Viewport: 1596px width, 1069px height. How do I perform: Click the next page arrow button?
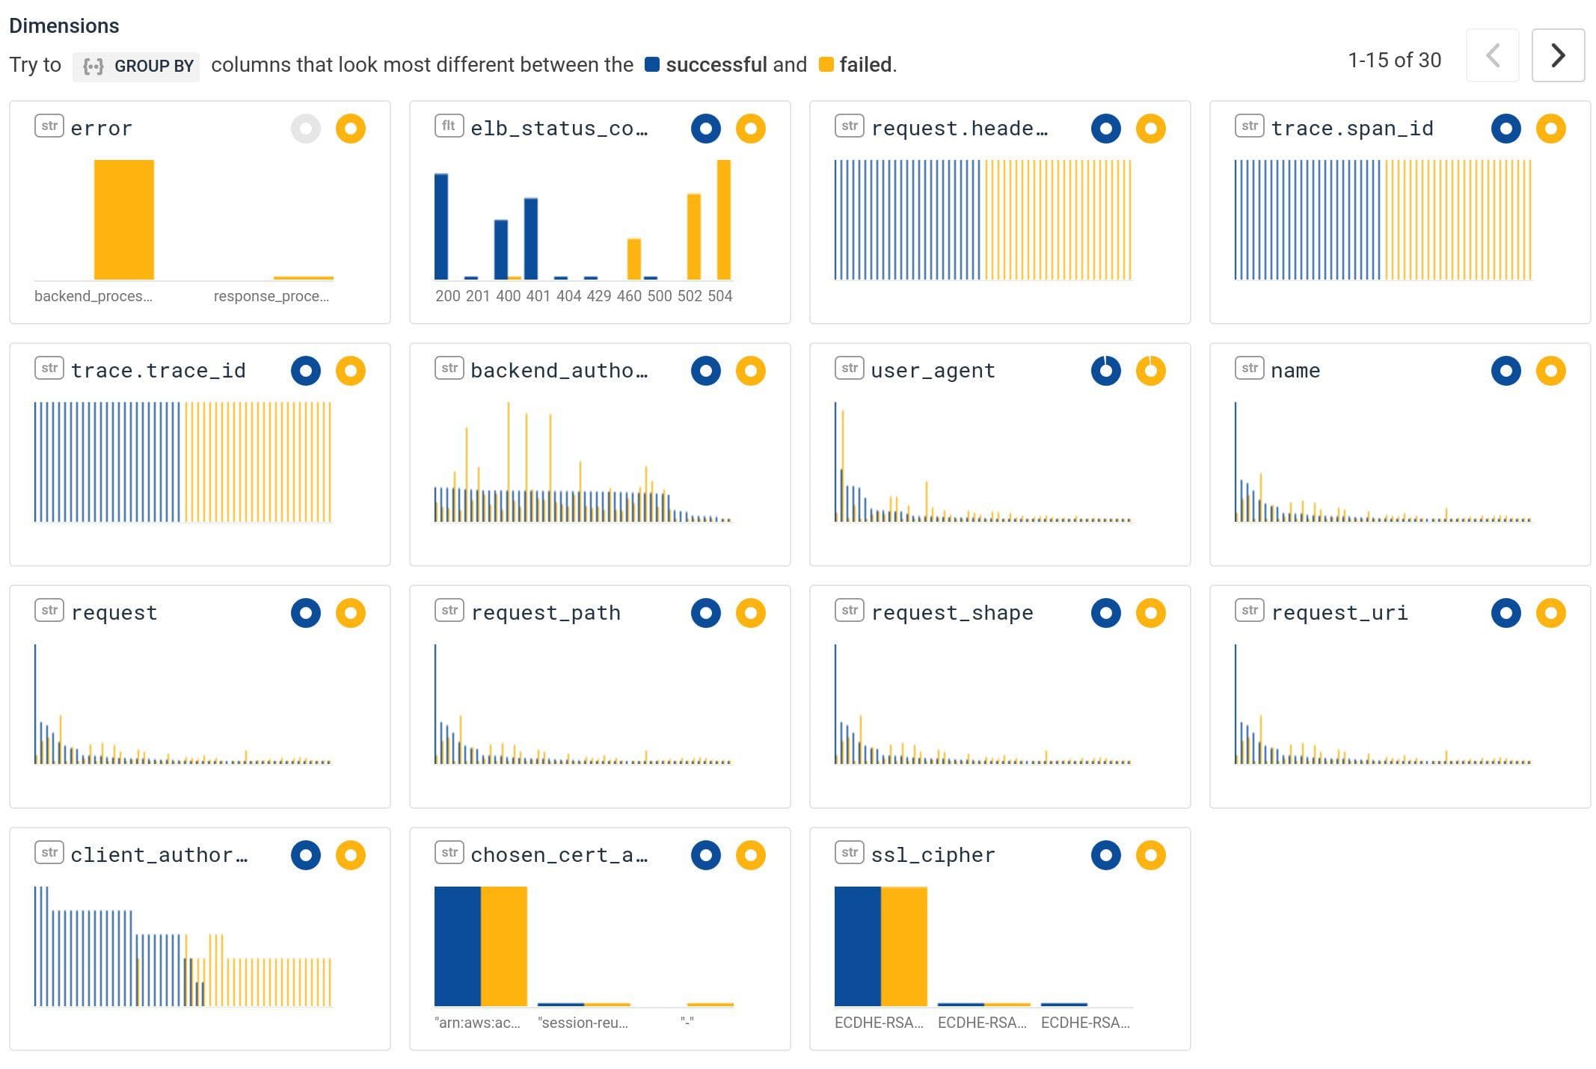tap(1558, 55)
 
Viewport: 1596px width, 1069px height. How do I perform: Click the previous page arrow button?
tap(1492, 55)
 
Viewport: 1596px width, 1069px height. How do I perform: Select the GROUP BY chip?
tap(137, 66)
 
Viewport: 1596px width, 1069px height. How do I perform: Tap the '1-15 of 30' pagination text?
tap(1394, 60)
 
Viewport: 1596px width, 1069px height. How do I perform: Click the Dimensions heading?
tap(64, 25)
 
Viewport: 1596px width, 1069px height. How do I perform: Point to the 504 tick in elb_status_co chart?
tap(719, 296)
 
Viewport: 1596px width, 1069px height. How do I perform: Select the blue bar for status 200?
tap(441, 226)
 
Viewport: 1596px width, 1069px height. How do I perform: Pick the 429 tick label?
tap(598, 296)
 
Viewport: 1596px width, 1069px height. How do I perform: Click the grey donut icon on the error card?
tap(305, 129)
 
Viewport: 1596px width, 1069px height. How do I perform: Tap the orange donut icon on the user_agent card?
tap(1150, 371)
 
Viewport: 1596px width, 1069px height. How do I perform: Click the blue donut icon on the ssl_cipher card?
tap(1105, 855)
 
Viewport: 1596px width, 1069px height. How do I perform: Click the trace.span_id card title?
tap(1352, 129)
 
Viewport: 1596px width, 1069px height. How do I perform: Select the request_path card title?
tap(546, 613)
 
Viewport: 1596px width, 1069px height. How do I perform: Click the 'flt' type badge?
tap(449, 126)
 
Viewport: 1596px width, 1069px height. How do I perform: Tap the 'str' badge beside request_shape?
tap(850, 610)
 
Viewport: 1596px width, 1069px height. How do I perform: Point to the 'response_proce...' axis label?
tap(271, 296)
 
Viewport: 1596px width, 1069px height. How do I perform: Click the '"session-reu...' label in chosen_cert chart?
tap(583, 1023)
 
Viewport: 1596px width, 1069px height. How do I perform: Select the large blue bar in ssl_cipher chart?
tap(857, 946)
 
